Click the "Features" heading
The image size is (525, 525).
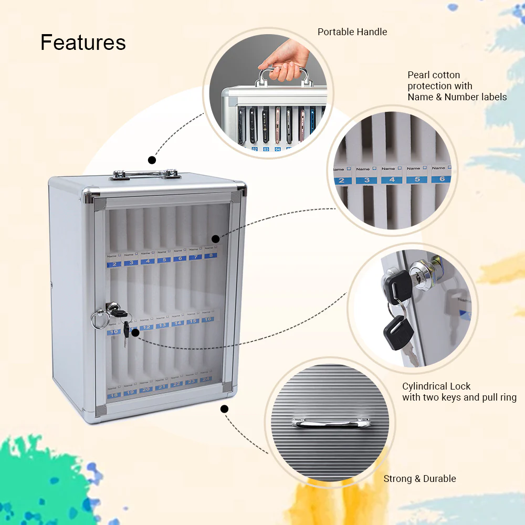[x=83, y=43]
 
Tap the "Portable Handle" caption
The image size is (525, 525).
[x=352, y=32]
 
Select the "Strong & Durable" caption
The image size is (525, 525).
[x=419, y=479]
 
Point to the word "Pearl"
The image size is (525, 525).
[x=419, y=75]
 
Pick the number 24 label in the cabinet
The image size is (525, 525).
[x=206, y=379]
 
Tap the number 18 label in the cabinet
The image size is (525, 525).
[x=114, y=394]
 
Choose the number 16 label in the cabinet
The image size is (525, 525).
[x=208, y=319]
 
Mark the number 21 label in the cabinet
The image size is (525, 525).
[x=162, y=386]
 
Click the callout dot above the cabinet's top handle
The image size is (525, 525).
[x=152, y=160]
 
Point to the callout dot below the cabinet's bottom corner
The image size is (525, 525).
[x=225, y=408]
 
